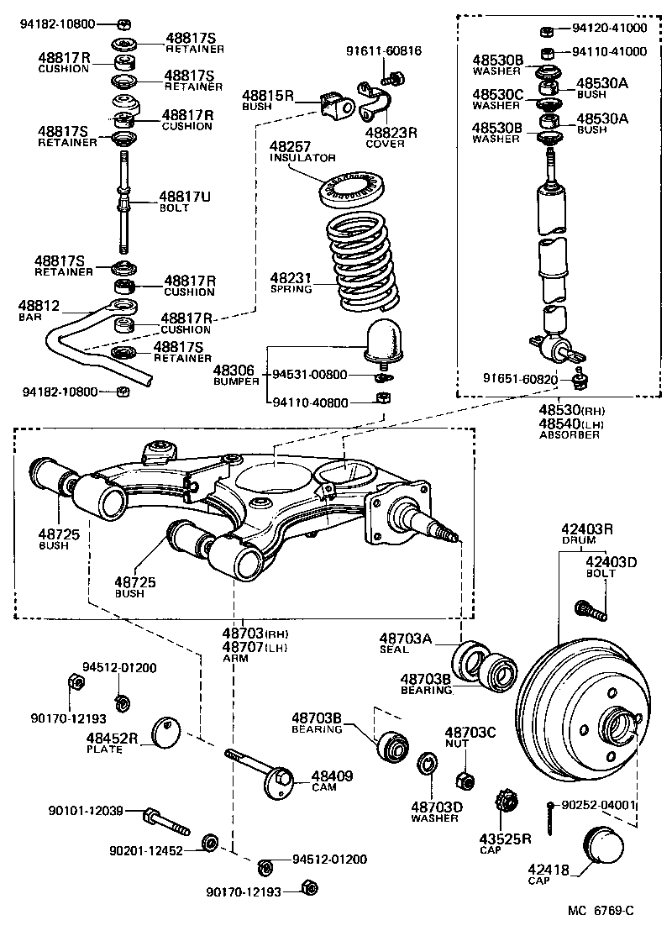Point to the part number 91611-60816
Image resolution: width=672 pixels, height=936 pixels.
pos(384,51)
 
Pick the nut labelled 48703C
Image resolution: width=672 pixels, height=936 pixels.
pos(462,778)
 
